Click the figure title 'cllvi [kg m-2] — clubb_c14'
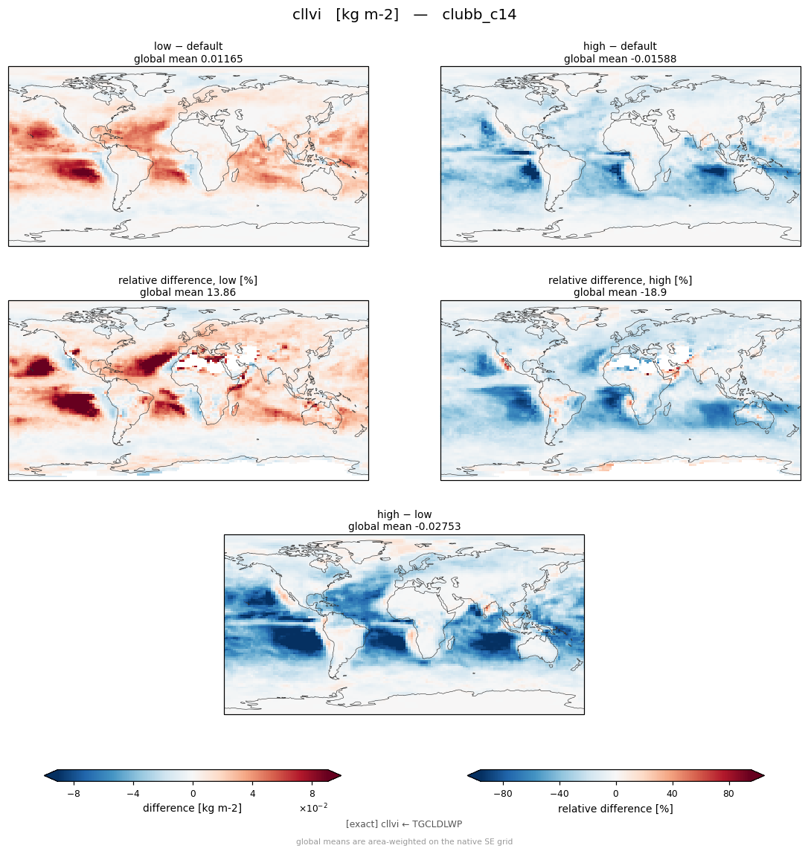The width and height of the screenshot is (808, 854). tap(404, 14)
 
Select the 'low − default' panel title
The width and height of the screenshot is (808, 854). tap(188, 46)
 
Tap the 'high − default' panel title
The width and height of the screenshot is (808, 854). tap(620, 46)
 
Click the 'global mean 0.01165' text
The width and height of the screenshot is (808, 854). tap(188, 59)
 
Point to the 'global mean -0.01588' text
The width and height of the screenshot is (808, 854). tap(620, 59)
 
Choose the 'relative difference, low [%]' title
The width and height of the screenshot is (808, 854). tap(188, 280)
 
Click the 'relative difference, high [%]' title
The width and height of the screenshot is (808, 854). tap(620, 280)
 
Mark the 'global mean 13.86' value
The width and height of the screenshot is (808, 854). tap(188, 293)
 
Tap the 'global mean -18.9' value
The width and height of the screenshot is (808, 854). tap(620, 293)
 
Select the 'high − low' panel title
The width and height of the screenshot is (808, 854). tap(404, 514)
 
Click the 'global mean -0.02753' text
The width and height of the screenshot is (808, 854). tap(404, 527)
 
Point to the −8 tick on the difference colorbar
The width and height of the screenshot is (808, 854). tap(74, 794)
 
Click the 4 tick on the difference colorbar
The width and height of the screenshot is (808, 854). tap(252, 794)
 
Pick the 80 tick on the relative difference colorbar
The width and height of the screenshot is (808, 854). tap(728, 794)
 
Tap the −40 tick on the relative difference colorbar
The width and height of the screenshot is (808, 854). tap(559, 794)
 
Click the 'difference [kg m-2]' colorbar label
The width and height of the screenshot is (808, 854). tap(193, 808)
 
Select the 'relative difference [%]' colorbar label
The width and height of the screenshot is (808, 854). tap(615, 809)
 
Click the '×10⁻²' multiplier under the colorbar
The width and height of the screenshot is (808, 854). tap(313, 808)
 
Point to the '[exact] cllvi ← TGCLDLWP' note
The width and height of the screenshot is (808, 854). tap(404, 824)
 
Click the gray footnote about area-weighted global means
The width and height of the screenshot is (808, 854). tap(404, 841)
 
